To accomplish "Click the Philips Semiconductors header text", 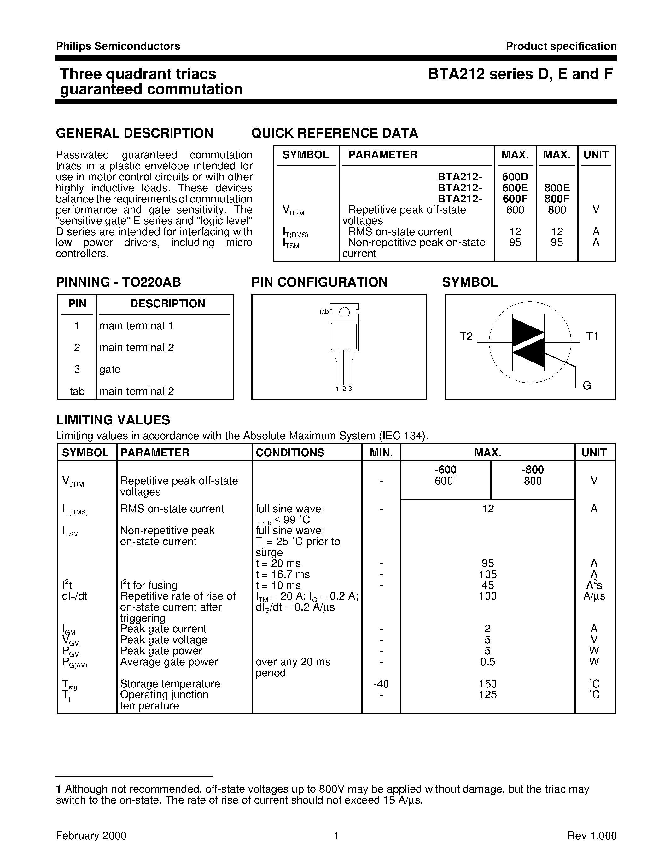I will click(x=118, y=46).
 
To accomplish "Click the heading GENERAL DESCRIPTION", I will click(x=135, y=133).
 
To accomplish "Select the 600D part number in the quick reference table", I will click(x=515, y=177).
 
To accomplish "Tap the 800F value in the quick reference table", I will click(x=556, y=199).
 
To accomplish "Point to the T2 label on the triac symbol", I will click(x=466, y=337).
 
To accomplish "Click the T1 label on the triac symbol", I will click(x=592, y=337).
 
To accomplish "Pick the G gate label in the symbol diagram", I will click(x=587, y=385).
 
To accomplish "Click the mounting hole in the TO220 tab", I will click(x=345, y=312).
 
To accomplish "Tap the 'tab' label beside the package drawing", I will click(x=324, y=312).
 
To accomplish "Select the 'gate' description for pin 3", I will click(x=109, y=370).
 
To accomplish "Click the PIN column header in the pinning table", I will click(x=77, y=304).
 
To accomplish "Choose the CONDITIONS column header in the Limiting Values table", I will click(x=290, y=453).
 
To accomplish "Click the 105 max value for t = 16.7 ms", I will click(x=487, y=575).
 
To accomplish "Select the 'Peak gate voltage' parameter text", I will click(x=164, y=640).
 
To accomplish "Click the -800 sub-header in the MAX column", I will click(x=532, y=470).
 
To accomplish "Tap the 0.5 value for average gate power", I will click(x=487, y=662).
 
